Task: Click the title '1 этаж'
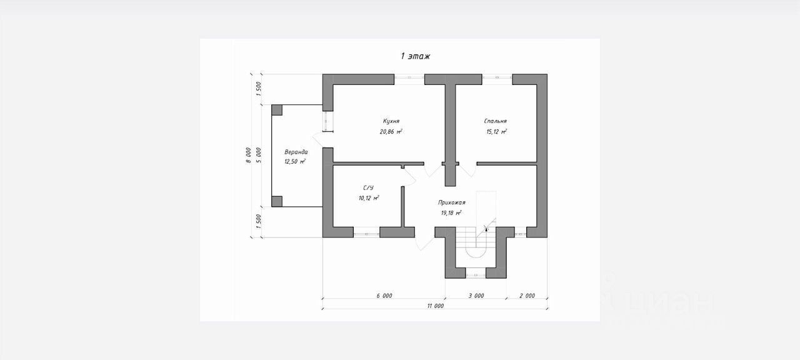click(x=416, y=56)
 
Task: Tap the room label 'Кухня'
click(x=391, y=121)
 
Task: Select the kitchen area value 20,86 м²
click(x=391, y=132)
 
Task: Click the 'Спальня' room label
click(x=495, y=121)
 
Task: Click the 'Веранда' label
click(x=296, y=152)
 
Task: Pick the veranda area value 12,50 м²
click(x=295, y=162)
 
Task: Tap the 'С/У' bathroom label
click(x=368, y=187)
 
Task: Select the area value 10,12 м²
click(x=369, y=198)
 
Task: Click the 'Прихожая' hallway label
click(x=452, y=202)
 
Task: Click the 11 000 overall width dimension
click(x=436, y=306)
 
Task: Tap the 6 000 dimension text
click(x=384, y=296)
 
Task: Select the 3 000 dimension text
click(x=476, y=296)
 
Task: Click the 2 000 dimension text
click(x=527, y=296)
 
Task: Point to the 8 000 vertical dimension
click(x=248, y=155)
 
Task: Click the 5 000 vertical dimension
click(x=259, y=155)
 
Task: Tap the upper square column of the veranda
click(x=277, y=110)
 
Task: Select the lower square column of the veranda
click(x=277, y=201)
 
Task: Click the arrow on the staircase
click(x=486, y=230)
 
